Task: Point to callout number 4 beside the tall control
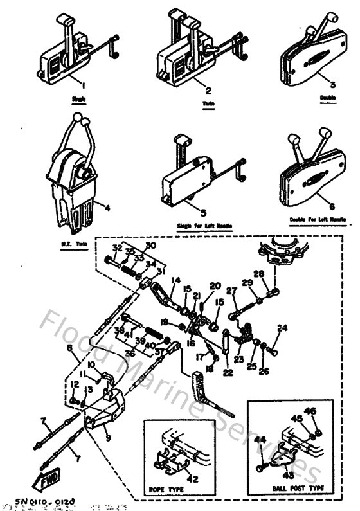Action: (x=107, y=207)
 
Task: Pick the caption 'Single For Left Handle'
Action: (x=203, y=226)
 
